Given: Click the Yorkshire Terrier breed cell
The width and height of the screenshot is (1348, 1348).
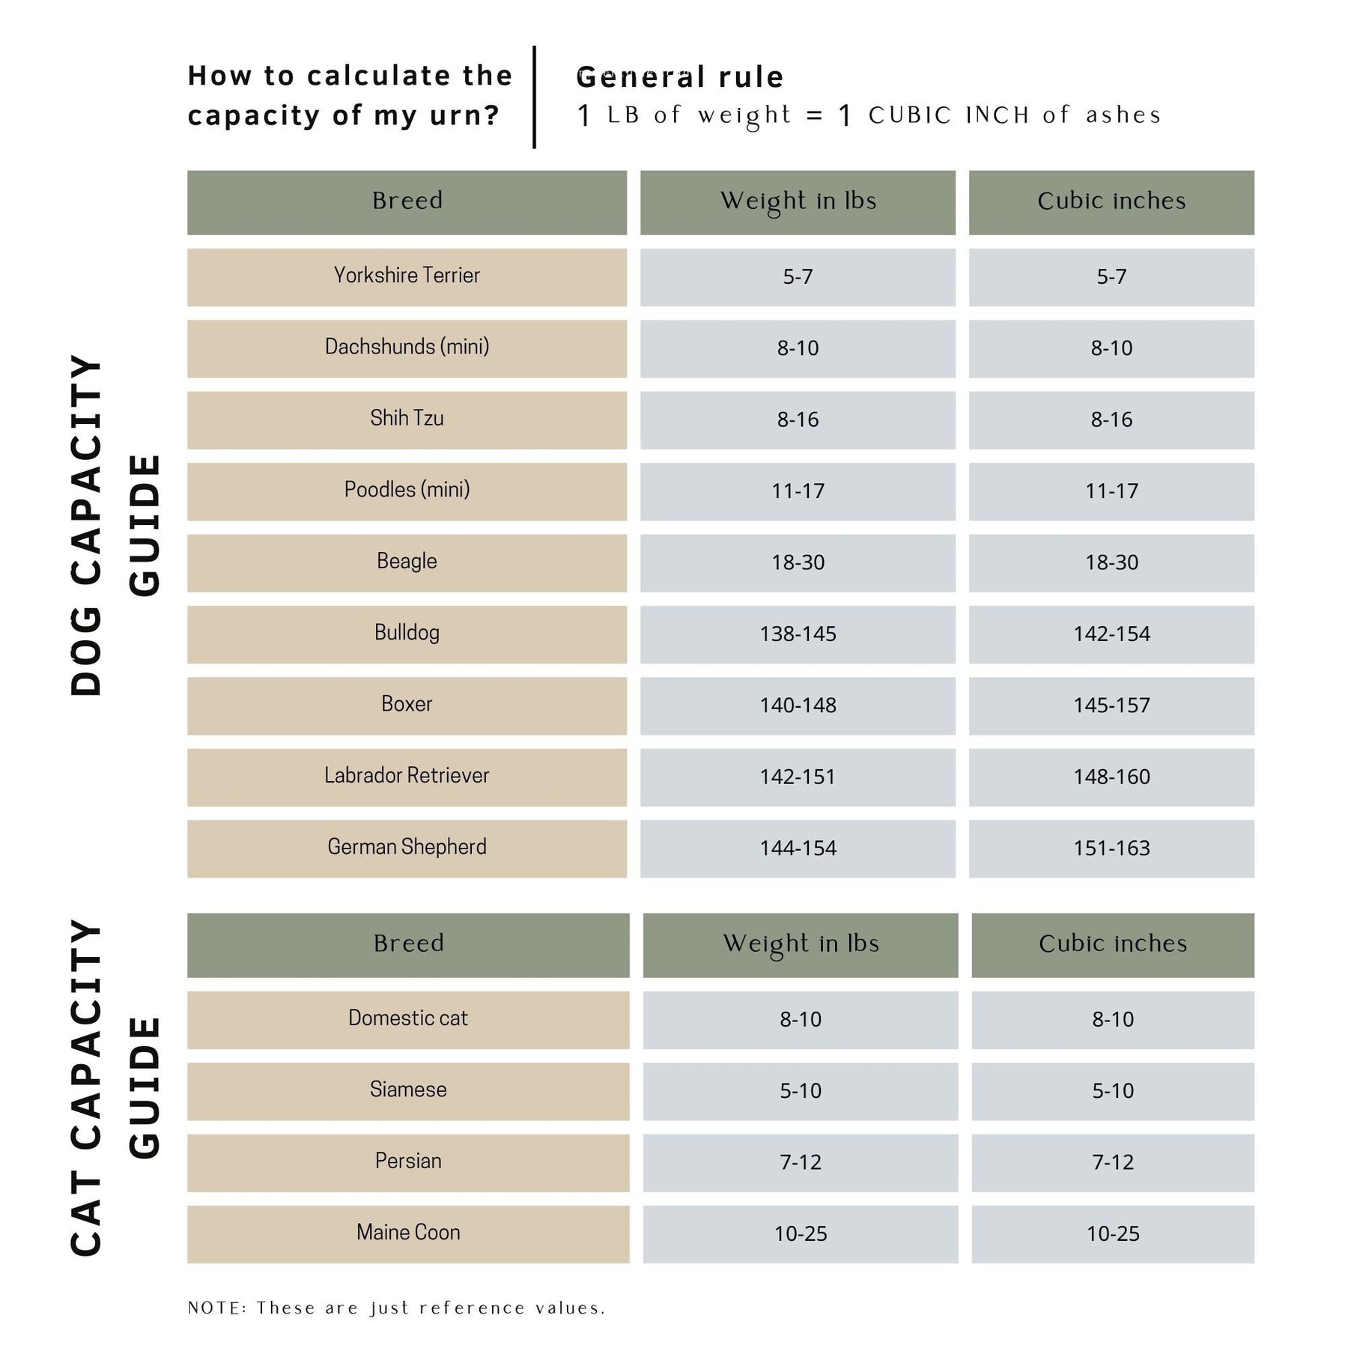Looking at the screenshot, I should [x=407, y=276].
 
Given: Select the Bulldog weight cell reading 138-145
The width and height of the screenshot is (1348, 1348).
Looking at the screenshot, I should [x=798, y=634].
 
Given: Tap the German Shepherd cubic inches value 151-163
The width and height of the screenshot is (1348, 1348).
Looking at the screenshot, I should [x=1111, y=848].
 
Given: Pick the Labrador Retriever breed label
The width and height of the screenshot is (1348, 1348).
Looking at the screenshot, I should [x=407, y=776].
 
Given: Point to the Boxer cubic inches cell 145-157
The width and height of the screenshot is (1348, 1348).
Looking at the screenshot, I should [x=1111, y=705].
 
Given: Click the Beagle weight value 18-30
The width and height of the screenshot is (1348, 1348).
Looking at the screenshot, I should [x=798, y=562].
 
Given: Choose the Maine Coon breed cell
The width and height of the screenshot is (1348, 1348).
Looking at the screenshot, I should [x=408, y=1233].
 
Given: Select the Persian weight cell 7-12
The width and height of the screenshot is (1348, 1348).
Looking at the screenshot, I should [x=800, y=1162].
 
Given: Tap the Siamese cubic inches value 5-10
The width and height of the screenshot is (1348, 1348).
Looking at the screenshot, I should [x=1113, y=1091].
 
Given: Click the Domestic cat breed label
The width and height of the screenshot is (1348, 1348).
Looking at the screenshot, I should [x=408, y=1018].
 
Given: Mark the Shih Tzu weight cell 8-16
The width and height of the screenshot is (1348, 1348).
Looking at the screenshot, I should [x=798, y=419].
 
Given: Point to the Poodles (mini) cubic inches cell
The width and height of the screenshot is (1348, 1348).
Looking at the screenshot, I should [x=1111, y=491].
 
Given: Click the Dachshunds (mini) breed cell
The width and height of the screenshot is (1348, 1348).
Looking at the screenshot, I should [x=407, y=347].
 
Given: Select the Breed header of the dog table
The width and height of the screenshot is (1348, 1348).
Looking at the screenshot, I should [x=407, y=201].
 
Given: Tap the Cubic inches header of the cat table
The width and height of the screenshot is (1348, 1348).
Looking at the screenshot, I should [x=1113, y=944].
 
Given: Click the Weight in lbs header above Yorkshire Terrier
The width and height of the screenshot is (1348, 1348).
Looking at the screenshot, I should [x=798, y=201].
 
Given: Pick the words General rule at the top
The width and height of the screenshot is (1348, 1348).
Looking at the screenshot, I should [x=680, y=77].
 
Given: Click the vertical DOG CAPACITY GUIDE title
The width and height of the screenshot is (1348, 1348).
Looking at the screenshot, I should [x=115, y=524].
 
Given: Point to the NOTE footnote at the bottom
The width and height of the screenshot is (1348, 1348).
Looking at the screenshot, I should [x=396, y=1308].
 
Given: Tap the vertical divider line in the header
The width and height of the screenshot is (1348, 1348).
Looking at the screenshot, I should [x=534, y=97].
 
